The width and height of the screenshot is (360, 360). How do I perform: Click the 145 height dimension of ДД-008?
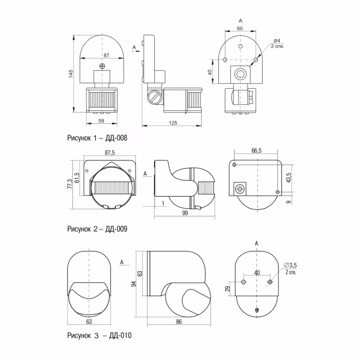coord(71,73)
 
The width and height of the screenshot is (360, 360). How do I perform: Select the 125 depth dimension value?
coord(173,123)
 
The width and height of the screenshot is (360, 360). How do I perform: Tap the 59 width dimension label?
coord(101,121)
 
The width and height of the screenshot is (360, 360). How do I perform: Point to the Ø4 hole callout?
coord(277,40)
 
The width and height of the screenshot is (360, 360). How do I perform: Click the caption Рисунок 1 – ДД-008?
coord(97,138)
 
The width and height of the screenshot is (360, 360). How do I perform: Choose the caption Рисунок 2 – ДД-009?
coord(97,229)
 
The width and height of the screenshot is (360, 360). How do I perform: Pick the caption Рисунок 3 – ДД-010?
coord(99,335)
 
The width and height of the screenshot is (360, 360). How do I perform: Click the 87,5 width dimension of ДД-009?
coord(110,153)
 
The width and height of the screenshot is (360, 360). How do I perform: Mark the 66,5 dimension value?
coord(256,151)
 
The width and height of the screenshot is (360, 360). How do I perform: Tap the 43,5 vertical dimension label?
coord(288,178)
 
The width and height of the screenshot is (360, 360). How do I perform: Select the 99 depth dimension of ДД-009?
coord(185,213)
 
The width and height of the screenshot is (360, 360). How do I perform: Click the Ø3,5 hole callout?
coord(290,265)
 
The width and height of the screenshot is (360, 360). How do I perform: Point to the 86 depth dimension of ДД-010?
coord(179,322)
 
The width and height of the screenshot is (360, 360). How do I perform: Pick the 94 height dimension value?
coord(134,283)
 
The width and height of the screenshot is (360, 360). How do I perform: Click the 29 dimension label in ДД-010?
coord(227,288)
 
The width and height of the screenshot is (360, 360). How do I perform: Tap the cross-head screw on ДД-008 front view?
coord(102,66)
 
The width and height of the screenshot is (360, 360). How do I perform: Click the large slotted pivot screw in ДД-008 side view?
coord(154,97)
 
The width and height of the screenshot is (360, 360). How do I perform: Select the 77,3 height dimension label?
coord(70,184)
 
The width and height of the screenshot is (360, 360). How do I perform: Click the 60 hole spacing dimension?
coord(240,28)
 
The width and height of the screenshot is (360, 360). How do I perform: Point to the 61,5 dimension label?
coord(77,178)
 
